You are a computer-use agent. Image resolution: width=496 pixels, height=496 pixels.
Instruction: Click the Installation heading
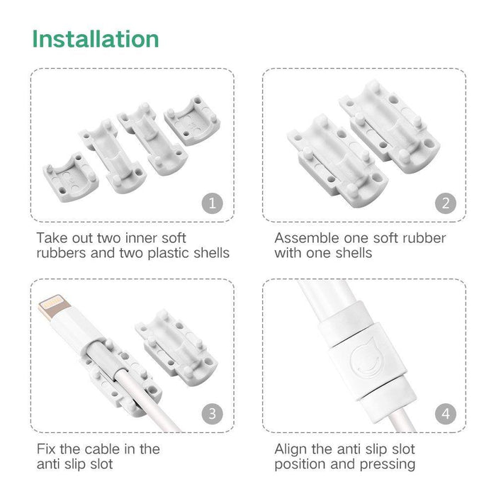96,38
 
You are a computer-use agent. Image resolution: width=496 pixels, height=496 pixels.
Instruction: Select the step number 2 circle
445,203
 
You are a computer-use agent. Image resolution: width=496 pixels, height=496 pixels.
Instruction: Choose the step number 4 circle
445,413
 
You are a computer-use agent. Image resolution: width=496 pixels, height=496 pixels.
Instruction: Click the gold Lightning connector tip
55,308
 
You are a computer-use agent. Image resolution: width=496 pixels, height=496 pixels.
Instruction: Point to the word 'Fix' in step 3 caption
47,449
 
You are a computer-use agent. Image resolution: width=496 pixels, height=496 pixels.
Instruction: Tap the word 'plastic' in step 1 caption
169,253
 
